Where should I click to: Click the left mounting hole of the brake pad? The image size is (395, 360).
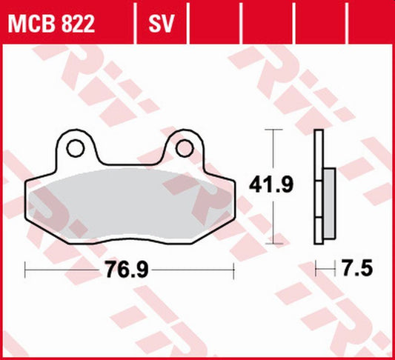(74, 149)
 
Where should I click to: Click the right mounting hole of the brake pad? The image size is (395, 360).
(184, 149)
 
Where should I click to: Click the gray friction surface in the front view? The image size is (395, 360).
(130, 204)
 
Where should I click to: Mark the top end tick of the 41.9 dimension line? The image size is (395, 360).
(275, 130)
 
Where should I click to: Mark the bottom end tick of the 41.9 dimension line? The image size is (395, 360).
(275, 242)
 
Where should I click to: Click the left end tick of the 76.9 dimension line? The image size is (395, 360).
(26, 269)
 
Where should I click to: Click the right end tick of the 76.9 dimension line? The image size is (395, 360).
(233, 269)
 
